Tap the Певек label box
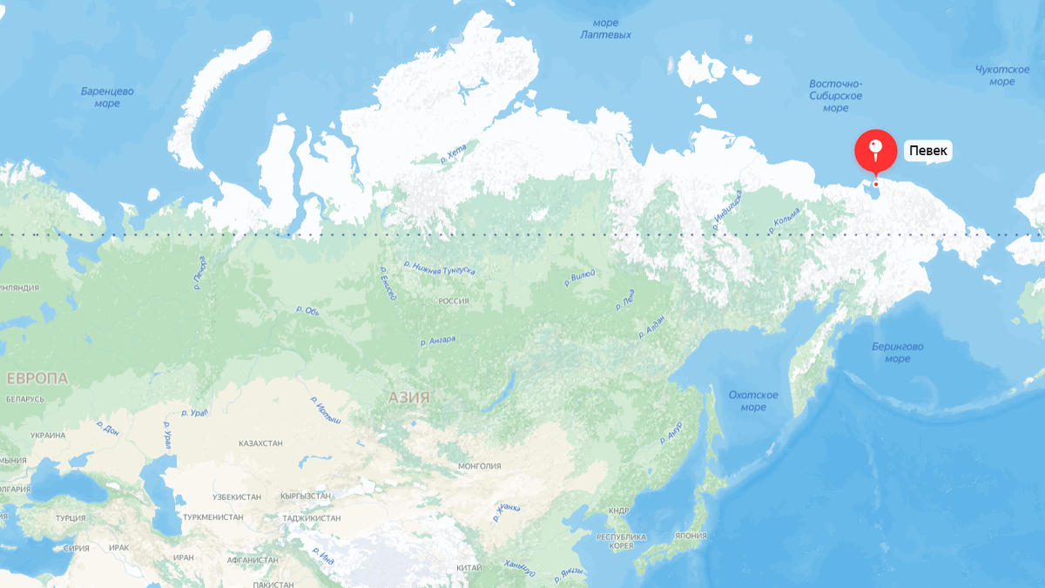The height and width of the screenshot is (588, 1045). click(927, 151)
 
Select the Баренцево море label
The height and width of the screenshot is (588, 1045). click(107, 97)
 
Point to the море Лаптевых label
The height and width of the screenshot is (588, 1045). click(605, 29)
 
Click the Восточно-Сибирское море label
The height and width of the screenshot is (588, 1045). click(835, 96)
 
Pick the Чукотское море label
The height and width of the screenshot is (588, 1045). click(1001, 76)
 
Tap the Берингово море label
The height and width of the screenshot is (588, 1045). click(897, 352)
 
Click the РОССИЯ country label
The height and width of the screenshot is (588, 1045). click(454, 301)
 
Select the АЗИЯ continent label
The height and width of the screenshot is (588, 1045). click(408, 397)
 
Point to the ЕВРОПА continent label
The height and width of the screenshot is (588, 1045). click(37, 378)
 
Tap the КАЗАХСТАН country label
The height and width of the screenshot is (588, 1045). click(260, 443)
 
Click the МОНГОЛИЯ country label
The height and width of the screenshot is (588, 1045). click(479, 466)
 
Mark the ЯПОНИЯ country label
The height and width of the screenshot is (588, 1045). click(691, 536)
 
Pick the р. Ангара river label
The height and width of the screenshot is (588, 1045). click(437, 341)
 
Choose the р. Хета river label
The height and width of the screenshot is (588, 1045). click(454, 155)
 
